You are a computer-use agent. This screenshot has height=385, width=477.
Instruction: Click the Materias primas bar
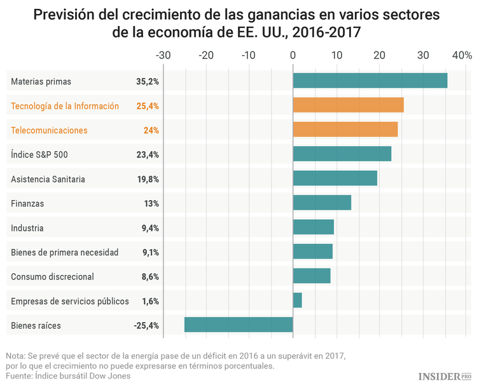click(370, 81)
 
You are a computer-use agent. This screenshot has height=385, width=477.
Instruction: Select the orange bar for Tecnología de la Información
click(348, 105)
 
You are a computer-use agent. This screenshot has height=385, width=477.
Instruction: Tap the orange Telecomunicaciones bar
click(345, 130)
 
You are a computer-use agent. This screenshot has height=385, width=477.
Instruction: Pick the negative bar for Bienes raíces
click(238, 325)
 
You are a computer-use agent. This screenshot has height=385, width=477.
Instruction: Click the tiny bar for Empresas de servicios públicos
click(297, 301)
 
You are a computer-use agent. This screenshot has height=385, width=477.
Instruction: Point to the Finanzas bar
click(321, 203)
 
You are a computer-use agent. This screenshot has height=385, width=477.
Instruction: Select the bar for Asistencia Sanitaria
click(335, 179)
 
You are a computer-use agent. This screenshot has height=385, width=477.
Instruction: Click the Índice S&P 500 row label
click(39, 154)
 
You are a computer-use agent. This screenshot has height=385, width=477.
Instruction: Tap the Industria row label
click(27, 228)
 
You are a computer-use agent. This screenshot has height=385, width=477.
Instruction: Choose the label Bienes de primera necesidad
click(65, 252)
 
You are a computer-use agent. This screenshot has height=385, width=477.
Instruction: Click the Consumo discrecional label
click(52, 276)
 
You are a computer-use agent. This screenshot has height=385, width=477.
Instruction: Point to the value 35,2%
click(147, 81)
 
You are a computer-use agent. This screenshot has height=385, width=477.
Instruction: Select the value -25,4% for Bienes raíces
click(146, 325)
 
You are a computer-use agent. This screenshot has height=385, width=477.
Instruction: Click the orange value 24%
click(151, 130)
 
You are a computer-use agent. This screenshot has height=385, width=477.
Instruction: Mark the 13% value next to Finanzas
click(151, 203)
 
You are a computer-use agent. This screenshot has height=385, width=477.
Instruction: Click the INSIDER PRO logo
click(445, 376)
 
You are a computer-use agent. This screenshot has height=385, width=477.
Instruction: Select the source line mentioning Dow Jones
click(69, 375)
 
